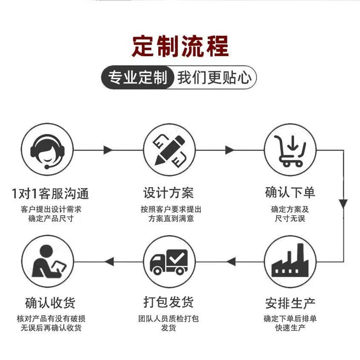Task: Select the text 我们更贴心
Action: coord(214,78)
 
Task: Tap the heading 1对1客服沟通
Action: coord(50,193)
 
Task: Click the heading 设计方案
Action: coord(168,193)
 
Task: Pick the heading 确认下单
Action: coord(290,193)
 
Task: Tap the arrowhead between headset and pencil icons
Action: coord(108,149)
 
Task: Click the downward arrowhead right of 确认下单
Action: coord(344,203)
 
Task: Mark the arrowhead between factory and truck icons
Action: coord(231,261)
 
